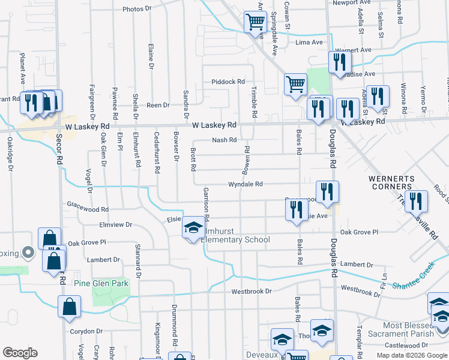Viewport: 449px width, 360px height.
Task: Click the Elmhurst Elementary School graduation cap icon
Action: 193,227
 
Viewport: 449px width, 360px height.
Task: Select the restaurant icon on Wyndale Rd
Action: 327,191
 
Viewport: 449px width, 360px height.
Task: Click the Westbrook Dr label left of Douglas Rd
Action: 252,291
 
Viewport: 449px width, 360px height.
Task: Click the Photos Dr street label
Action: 137,9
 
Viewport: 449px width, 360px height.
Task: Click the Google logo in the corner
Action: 20,353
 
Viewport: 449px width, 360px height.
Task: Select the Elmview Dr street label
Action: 115,224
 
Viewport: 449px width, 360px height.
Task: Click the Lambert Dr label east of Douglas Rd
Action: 357,264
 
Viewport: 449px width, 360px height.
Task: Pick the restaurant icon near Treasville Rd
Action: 415,202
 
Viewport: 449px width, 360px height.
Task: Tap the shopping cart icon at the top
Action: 255,22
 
